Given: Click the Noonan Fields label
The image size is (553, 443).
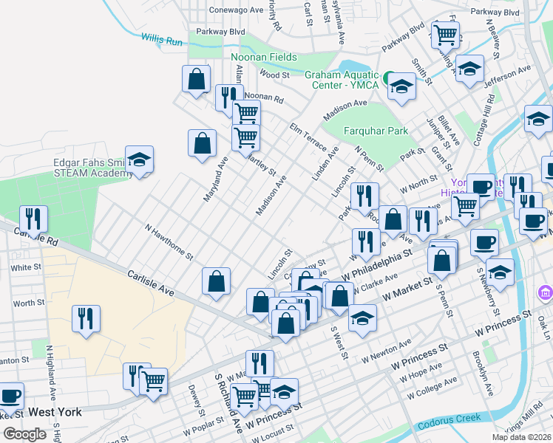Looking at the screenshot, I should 264,57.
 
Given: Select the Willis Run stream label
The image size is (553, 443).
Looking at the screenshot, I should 162,41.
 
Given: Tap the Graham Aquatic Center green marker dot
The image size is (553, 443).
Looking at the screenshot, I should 388,76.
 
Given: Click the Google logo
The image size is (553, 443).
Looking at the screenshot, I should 24,434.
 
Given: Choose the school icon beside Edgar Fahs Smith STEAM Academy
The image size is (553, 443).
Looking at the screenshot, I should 139,159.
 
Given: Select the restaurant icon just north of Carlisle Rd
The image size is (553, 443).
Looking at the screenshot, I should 33,218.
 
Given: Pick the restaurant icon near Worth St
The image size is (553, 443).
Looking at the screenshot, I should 86,318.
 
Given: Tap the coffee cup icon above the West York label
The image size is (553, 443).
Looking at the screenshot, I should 11,396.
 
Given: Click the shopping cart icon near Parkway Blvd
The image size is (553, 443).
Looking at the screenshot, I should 446,33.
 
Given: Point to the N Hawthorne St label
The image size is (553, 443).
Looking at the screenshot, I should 169,243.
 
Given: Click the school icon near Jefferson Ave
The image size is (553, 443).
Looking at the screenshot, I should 469,69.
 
